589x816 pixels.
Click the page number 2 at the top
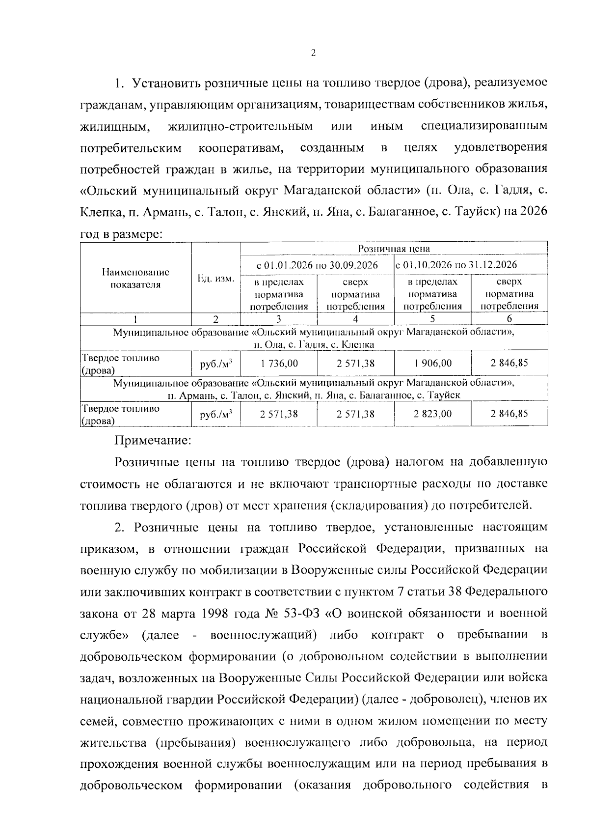coord(313,54)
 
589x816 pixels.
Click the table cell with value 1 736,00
coord(279,364)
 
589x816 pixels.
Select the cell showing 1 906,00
coord(432,364)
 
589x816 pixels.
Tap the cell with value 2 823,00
coord(432,414)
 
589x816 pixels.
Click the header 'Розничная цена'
coord(394,249)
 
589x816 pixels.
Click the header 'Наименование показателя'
coord(136,278)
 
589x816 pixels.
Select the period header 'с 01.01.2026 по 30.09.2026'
coord(317,265)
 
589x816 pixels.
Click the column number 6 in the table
coord(509,319)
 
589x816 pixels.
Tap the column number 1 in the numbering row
coord(136,319)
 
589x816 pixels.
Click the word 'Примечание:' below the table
coord(152,441)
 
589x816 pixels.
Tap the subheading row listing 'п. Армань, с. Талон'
coord(314,394)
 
